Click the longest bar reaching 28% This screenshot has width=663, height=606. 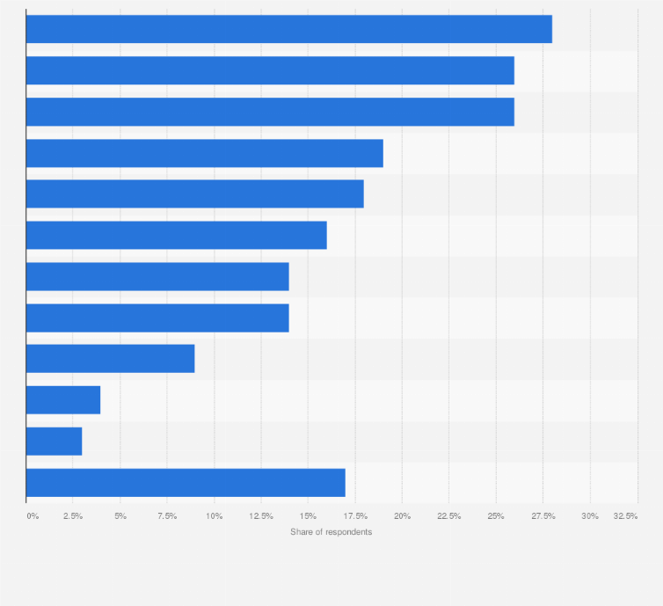[288, 29]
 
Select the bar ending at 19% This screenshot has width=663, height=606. [204, 153]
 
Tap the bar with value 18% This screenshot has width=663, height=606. [194, 193]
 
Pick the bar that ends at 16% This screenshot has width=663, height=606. [176, 235]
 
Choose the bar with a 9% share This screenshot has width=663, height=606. [110, 359]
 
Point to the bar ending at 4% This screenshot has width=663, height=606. [63, 400]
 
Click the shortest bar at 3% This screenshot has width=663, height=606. [54, 441]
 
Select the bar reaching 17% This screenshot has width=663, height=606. [186, 482]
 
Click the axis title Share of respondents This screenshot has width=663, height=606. [331, 532]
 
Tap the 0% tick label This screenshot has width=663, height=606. [33, 515]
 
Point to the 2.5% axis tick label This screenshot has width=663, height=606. [72, 515]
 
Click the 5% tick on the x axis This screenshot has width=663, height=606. [120, 515]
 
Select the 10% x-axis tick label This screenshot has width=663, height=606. [214, 515]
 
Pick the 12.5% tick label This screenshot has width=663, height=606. [260, 515]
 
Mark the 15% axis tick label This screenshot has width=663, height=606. [308, 515]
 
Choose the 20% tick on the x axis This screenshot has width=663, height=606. [402, 515]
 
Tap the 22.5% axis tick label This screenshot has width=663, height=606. [448, 515]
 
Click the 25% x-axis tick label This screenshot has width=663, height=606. [496, 515]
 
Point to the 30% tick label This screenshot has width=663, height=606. [590, 515]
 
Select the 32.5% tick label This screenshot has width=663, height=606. [626, 515]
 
